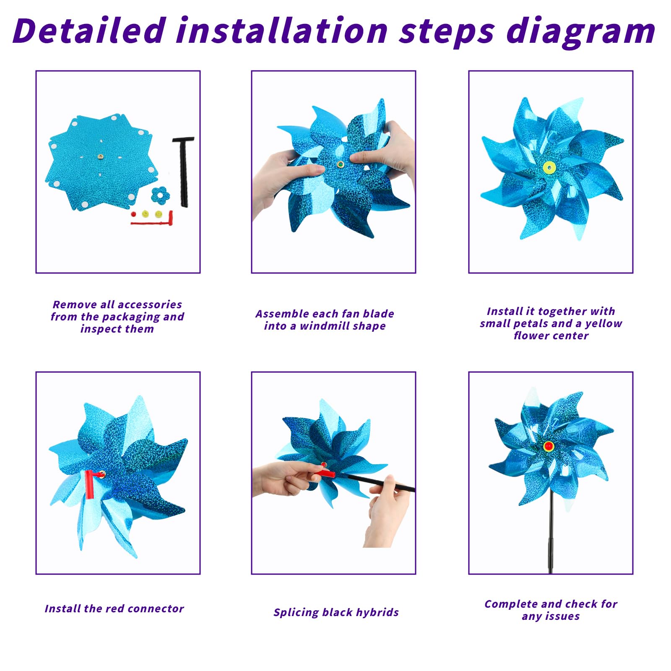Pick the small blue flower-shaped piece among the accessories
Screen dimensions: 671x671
point(160,195)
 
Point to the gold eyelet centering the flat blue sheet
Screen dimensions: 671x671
point(101,156)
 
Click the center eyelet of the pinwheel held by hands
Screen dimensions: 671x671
point(340,164)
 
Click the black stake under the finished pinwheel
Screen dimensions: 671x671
point(551,533)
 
